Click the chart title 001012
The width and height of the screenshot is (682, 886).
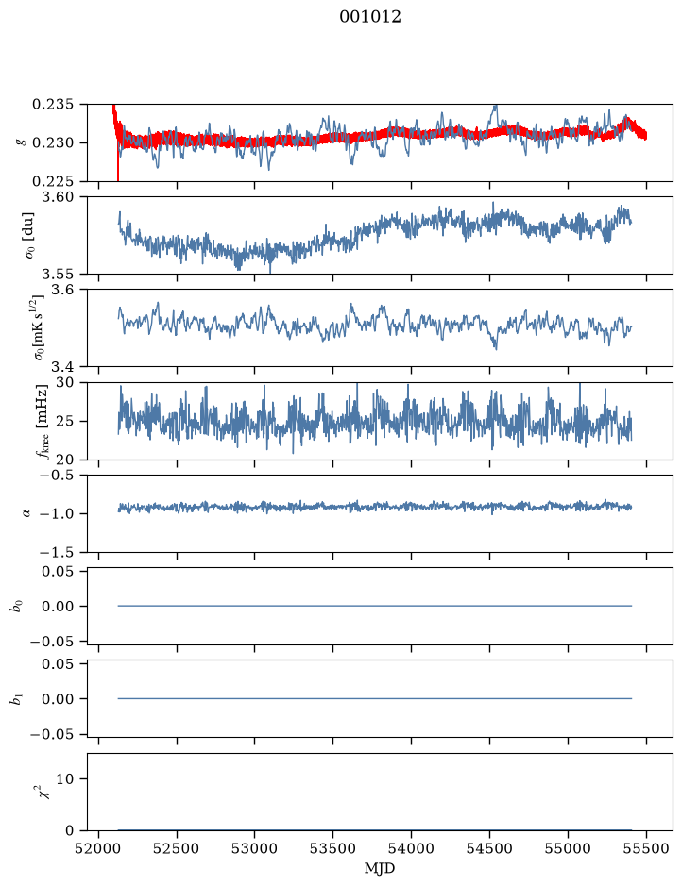tap(370, 17)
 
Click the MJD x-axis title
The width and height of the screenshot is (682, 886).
tap(379, 868)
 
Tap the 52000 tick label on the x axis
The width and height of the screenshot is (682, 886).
tap(99, 848)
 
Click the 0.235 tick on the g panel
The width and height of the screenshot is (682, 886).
tap(53, 105)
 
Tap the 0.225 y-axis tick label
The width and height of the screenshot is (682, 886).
tap(53, 181)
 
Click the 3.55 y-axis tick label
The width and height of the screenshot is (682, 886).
tap(57, 274)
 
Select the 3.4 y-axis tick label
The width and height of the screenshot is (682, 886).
tap(62, 367)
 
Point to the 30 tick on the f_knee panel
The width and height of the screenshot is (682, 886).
tap(65, 382)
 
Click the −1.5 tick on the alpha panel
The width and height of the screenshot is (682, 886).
tap(57, 552)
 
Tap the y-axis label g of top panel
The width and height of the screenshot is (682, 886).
tap(22, 142)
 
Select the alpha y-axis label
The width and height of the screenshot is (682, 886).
tap(25, 513)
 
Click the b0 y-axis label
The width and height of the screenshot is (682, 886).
tap(17, 607)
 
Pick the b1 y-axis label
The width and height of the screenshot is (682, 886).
tap(17, 699)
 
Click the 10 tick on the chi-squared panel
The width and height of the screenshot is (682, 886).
tap(65, 778)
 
